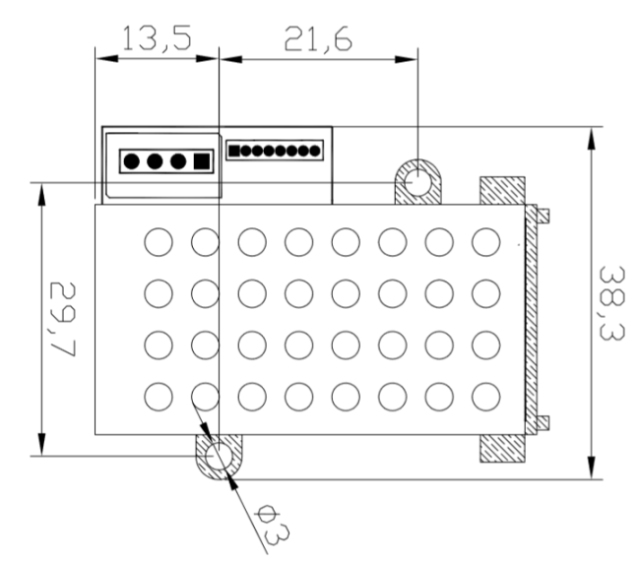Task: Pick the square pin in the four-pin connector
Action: coord(202,160)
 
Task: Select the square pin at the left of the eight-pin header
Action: coord(234,151)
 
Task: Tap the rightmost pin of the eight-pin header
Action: coord(315,151)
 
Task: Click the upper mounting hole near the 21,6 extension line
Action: coord(418,182)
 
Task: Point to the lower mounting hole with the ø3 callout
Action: coord(218,457)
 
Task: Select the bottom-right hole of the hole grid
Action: coord(486,396)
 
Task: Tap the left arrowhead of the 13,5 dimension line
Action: coord(101,58)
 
